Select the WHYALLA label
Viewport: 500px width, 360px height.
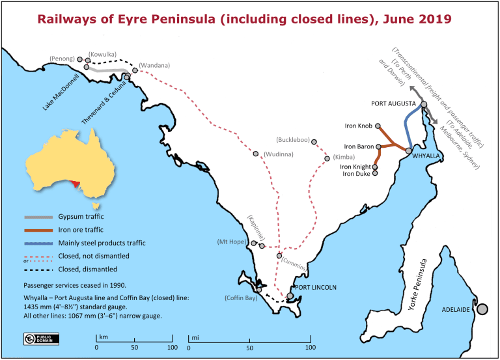(426, 156)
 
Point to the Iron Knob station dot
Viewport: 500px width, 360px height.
(378, 126)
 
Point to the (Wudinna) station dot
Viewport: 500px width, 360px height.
(256, 154)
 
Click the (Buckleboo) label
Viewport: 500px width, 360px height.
(293, 140)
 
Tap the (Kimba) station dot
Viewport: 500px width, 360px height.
(327, 158)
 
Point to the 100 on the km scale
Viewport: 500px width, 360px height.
(172, 348)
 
